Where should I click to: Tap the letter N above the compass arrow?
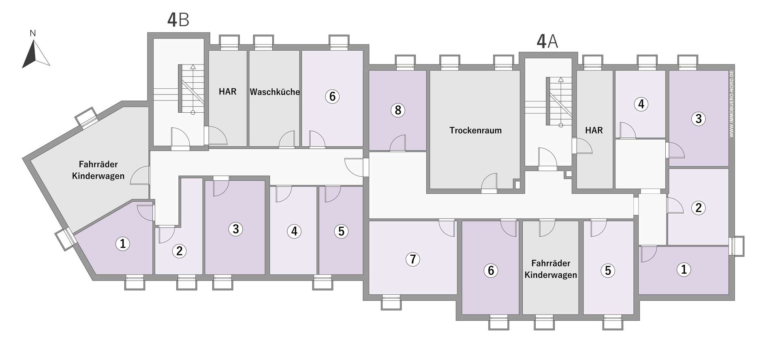33,33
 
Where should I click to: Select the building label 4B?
178,20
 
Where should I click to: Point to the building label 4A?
547,41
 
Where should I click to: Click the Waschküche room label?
275,92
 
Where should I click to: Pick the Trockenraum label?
475,131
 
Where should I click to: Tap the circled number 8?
398,110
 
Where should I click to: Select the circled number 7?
413,259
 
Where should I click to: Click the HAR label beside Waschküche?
227,92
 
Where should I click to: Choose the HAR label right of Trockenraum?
594,131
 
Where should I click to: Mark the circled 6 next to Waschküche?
332,96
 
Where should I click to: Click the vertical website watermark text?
731,104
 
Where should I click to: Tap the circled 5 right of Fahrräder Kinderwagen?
607,270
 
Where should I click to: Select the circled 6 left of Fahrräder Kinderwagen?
491,270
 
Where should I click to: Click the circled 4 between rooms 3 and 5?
294,231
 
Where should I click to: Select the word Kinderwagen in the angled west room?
98,176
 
